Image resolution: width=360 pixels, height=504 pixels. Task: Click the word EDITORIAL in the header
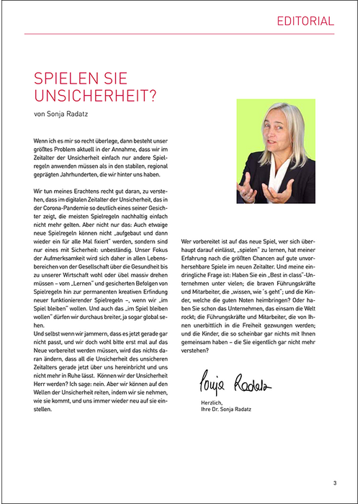pos(306,21)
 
